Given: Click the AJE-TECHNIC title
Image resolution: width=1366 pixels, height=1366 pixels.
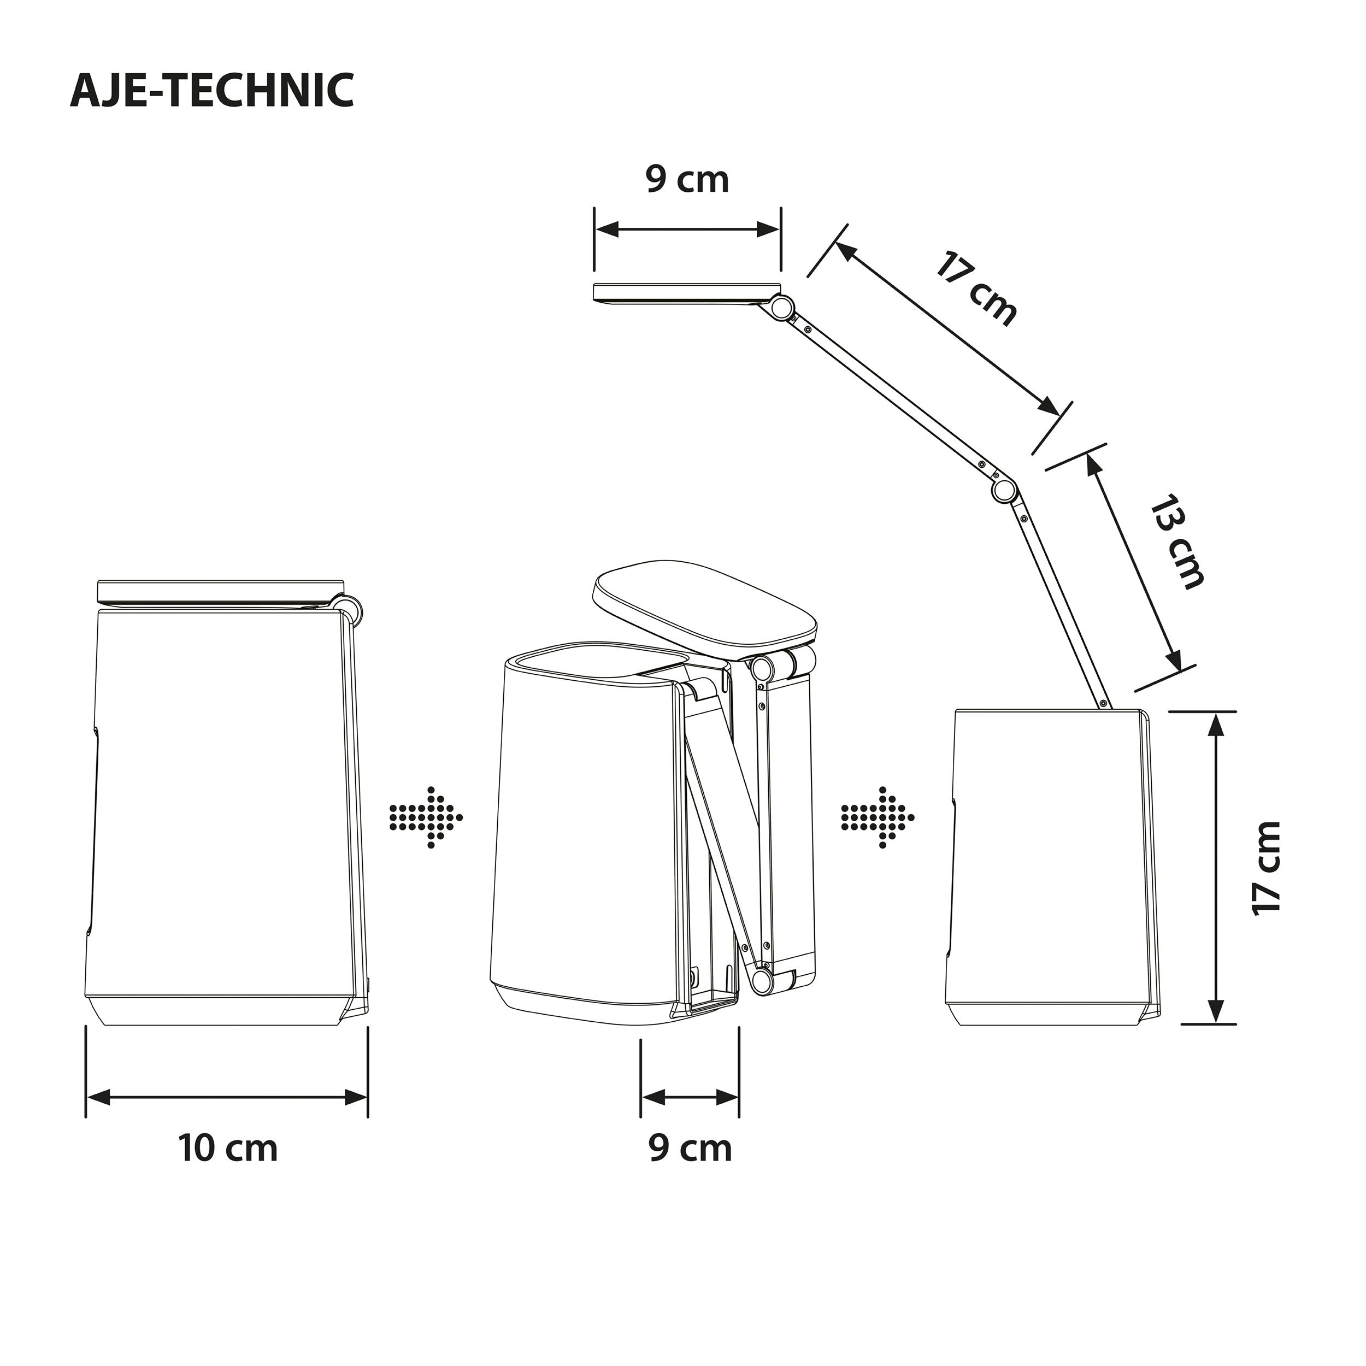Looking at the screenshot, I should tap(211, 91).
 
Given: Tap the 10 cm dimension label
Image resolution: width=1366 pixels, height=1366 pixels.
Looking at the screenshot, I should tap(228, 1147).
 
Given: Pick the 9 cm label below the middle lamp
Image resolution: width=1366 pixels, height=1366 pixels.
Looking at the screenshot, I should tap(690, 1147).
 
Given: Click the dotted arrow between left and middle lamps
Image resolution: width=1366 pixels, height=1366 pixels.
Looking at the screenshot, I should tap(426, 817).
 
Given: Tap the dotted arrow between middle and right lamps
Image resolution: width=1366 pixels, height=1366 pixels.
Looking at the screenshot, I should tap(878, 817).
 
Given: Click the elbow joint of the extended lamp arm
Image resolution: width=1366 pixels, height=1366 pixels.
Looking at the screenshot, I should tap(1003, 490).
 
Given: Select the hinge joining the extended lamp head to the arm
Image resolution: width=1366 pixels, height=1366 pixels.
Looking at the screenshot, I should tap(781, 308).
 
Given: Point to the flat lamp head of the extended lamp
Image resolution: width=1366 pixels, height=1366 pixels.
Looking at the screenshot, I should tap(682, 293).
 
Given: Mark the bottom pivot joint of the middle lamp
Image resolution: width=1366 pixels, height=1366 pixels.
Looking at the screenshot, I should tap(762, 979).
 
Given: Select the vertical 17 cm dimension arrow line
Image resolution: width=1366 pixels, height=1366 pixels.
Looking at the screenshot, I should tap(1215, 868).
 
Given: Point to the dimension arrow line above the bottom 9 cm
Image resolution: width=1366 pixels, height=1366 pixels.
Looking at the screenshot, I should tap(690, 1097).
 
